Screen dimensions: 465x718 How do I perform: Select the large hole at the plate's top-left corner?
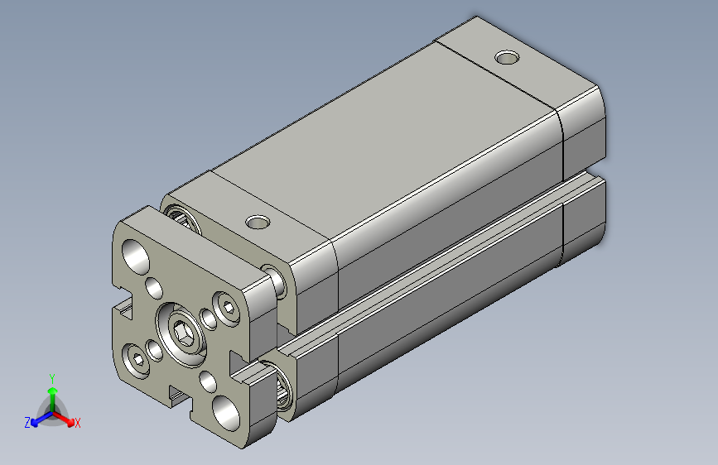[x=136, y=253]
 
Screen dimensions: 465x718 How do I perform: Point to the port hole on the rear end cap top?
[x=506, y=58]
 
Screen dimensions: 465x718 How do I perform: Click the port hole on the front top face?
[x=258, y=222]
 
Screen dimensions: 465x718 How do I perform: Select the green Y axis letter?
[x=51, y=377]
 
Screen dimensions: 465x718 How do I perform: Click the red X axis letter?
[x=77, y=423]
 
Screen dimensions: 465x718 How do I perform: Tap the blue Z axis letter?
[x=27, y=422]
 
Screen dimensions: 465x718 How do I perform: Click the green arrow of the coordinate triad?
[x=51, y=392]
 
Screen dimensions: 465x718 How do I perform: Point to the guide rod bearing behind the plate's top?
[x=181, y=217]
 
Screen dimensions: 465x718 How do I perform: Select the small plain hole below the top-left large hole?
[x=153, y=288]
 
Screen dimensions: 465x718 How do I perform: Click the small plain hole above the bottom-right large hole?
[x=207, y=381]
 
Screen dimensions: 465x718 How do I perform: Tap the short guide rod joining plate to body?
[x=276, y=282]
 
